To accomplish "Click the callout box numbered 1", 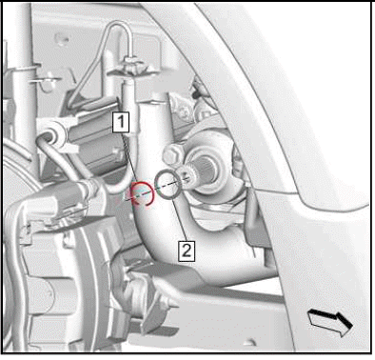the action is click(121, 122).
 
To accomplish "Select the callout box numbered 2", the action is click(187, 250).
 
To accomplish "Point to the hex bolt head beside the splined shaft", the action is click(172, 154).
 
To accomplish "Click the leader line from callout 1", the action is click(130, 159).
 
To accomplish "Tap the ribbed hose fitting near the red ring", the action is click(89, 188).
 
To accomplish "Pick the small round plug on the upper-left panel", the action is click(61, 38).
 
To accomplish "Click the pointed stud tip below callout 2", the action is click(173, 304).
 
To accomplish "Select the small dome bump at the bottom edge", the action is click(249, 343).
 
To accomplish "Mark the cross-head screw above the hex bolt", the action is click(184, 111).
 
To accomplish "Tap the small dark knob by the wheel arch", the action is click(196, 92).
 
